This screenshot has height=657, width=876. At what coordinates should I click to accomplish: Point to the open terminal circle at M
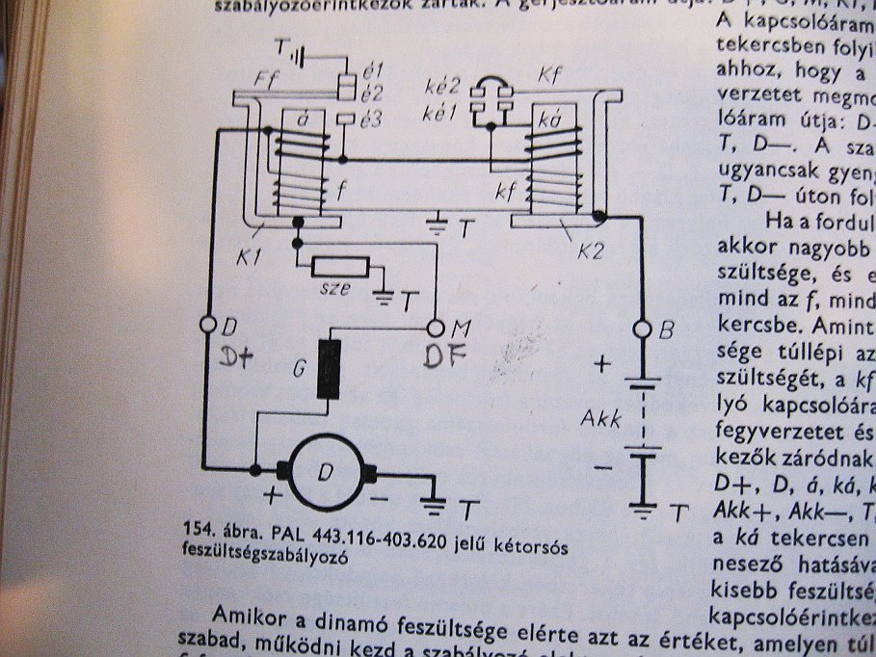436,328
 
